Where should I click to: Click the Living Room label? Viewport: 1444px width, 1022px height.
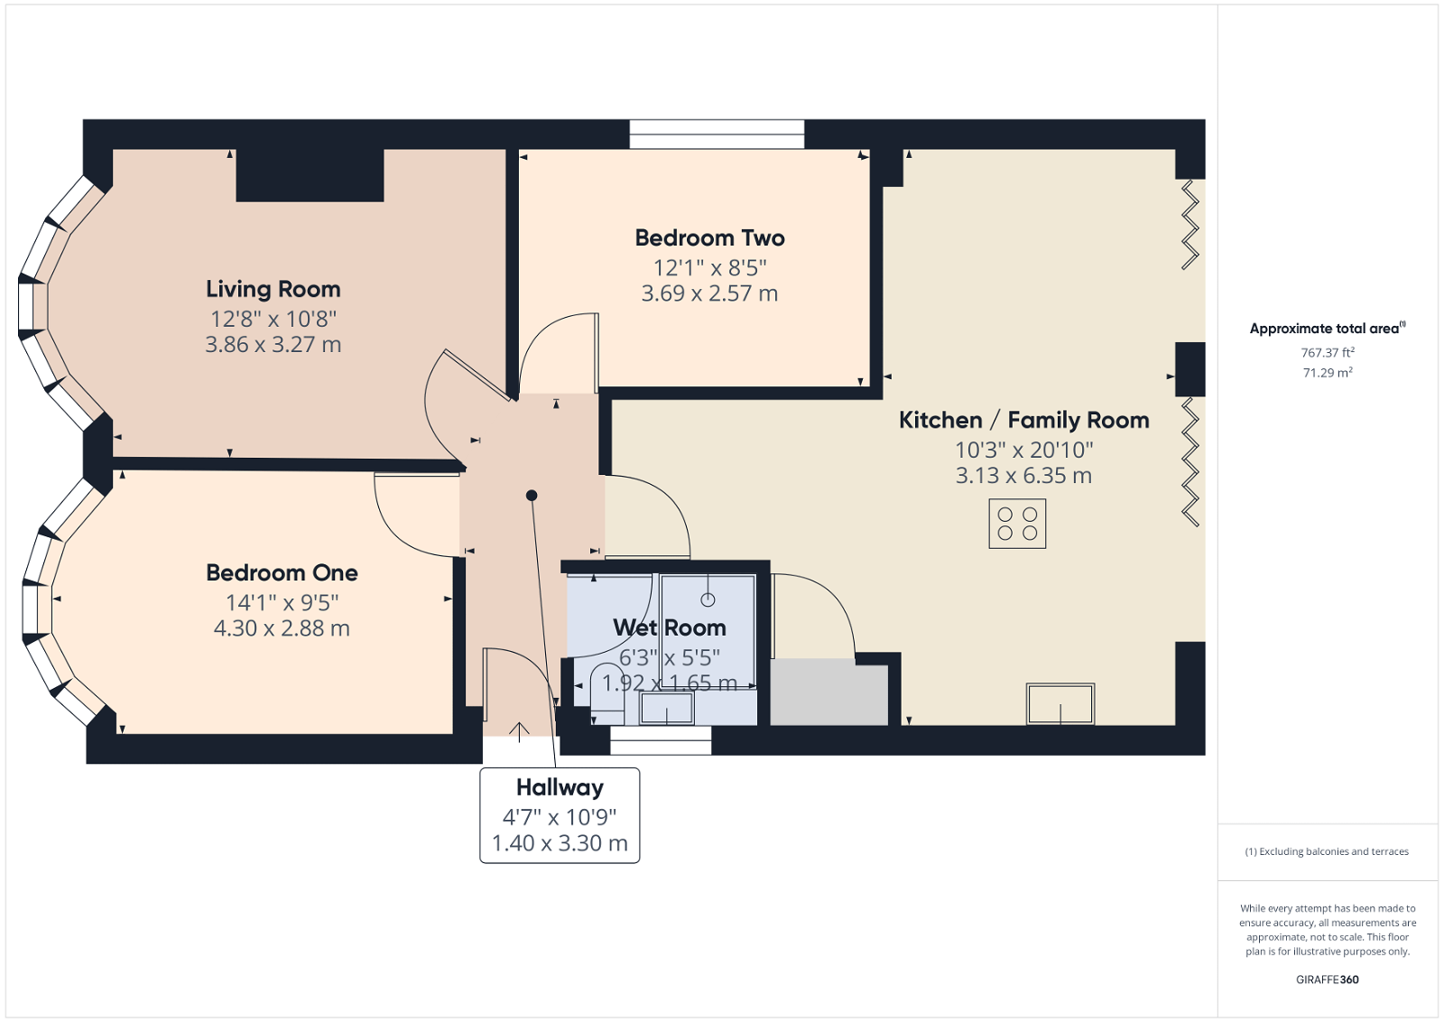[273, 289]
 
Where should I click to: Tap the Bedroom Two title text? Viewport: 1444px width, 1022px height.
[709, 238]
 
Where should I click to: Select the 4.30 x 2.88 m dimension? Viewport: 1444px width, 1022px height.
[282, 628]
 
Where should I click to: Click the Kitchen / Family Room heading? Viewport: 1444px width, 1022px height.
[1023, 421]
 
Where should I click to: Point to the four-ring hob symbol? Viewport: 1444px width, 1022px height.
[1017, 524]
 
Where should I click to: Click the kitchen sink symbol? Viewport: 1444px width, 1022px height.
[1060, 704]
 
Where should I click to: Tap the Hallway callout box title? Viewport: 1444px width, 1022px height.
[560, 787]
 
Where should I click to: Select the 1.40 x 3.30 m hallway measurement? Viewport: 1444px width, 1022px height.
[560, 843]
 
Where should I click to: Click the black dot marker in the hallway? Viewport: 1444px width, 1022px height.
[532, 495]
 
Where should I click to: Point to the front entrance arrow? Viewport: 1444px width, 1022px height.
[519, 731]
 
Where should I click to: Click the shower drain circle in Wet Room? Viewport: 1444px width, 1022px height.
[708, 599]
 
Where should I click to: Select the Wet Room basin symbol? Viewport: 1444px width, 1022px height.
[667, 709]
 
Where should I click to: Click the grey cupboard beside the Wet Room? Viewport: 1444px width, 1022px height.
[828, 693]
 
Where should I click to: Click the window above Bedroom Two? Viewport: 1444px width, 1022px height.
[717, 135]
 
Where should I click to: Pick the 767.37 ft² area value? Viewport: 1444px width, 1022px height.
[1327, 353]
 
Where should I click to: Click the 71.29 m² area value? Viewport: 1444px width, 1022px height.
[1327, 373]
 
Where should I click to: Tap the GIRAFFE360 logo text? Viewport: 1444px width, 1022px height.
[1327, 980]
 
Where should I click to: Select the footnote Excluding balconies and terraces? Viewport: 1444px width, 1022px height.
[1327, 851]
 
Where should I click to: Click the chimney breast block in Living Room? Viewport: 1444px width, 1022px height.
[310, 174]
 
